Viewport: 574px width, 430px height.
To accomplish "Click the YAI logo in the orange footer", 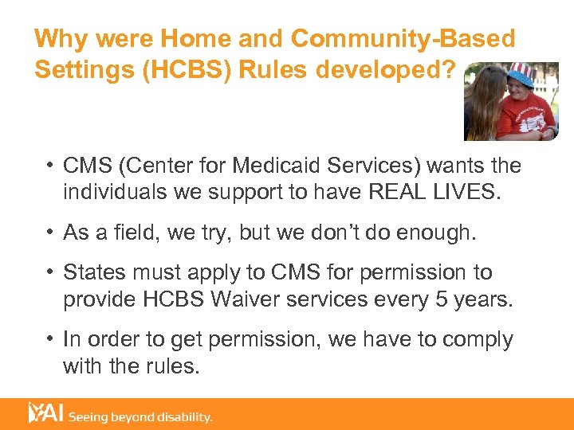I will (45, 412).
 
